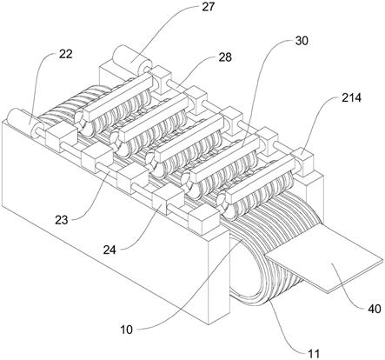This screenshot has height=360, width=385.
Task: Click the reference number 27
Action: (209, 6)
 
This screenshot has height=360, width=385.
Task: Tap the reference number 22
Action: (66, 54)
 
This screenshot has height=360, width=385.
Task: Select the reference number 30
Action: (302, 41)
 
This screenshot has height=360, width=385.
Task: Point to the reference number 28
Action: (225, 57)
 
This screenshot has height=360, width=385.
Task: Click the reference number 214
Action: (351, 97)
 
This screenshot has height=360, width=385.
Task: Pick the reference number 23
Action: (62, 220)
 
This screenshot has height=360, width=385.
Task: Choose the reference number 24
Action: (110, 250)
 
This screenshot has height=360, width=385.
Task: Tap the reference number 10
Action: (127, 330)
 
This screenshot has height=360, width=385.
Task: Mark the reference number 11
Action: (314, 354)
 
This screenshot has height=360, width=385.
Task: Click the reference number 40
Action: (375, 309)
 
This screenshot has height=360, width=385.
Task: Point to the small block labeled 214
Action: (302, 160)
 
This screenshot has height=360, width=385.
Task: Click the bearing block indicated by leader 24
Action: (166, 200)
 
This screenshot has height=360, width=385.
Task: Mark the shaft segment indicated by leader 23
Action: (105, 170)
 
